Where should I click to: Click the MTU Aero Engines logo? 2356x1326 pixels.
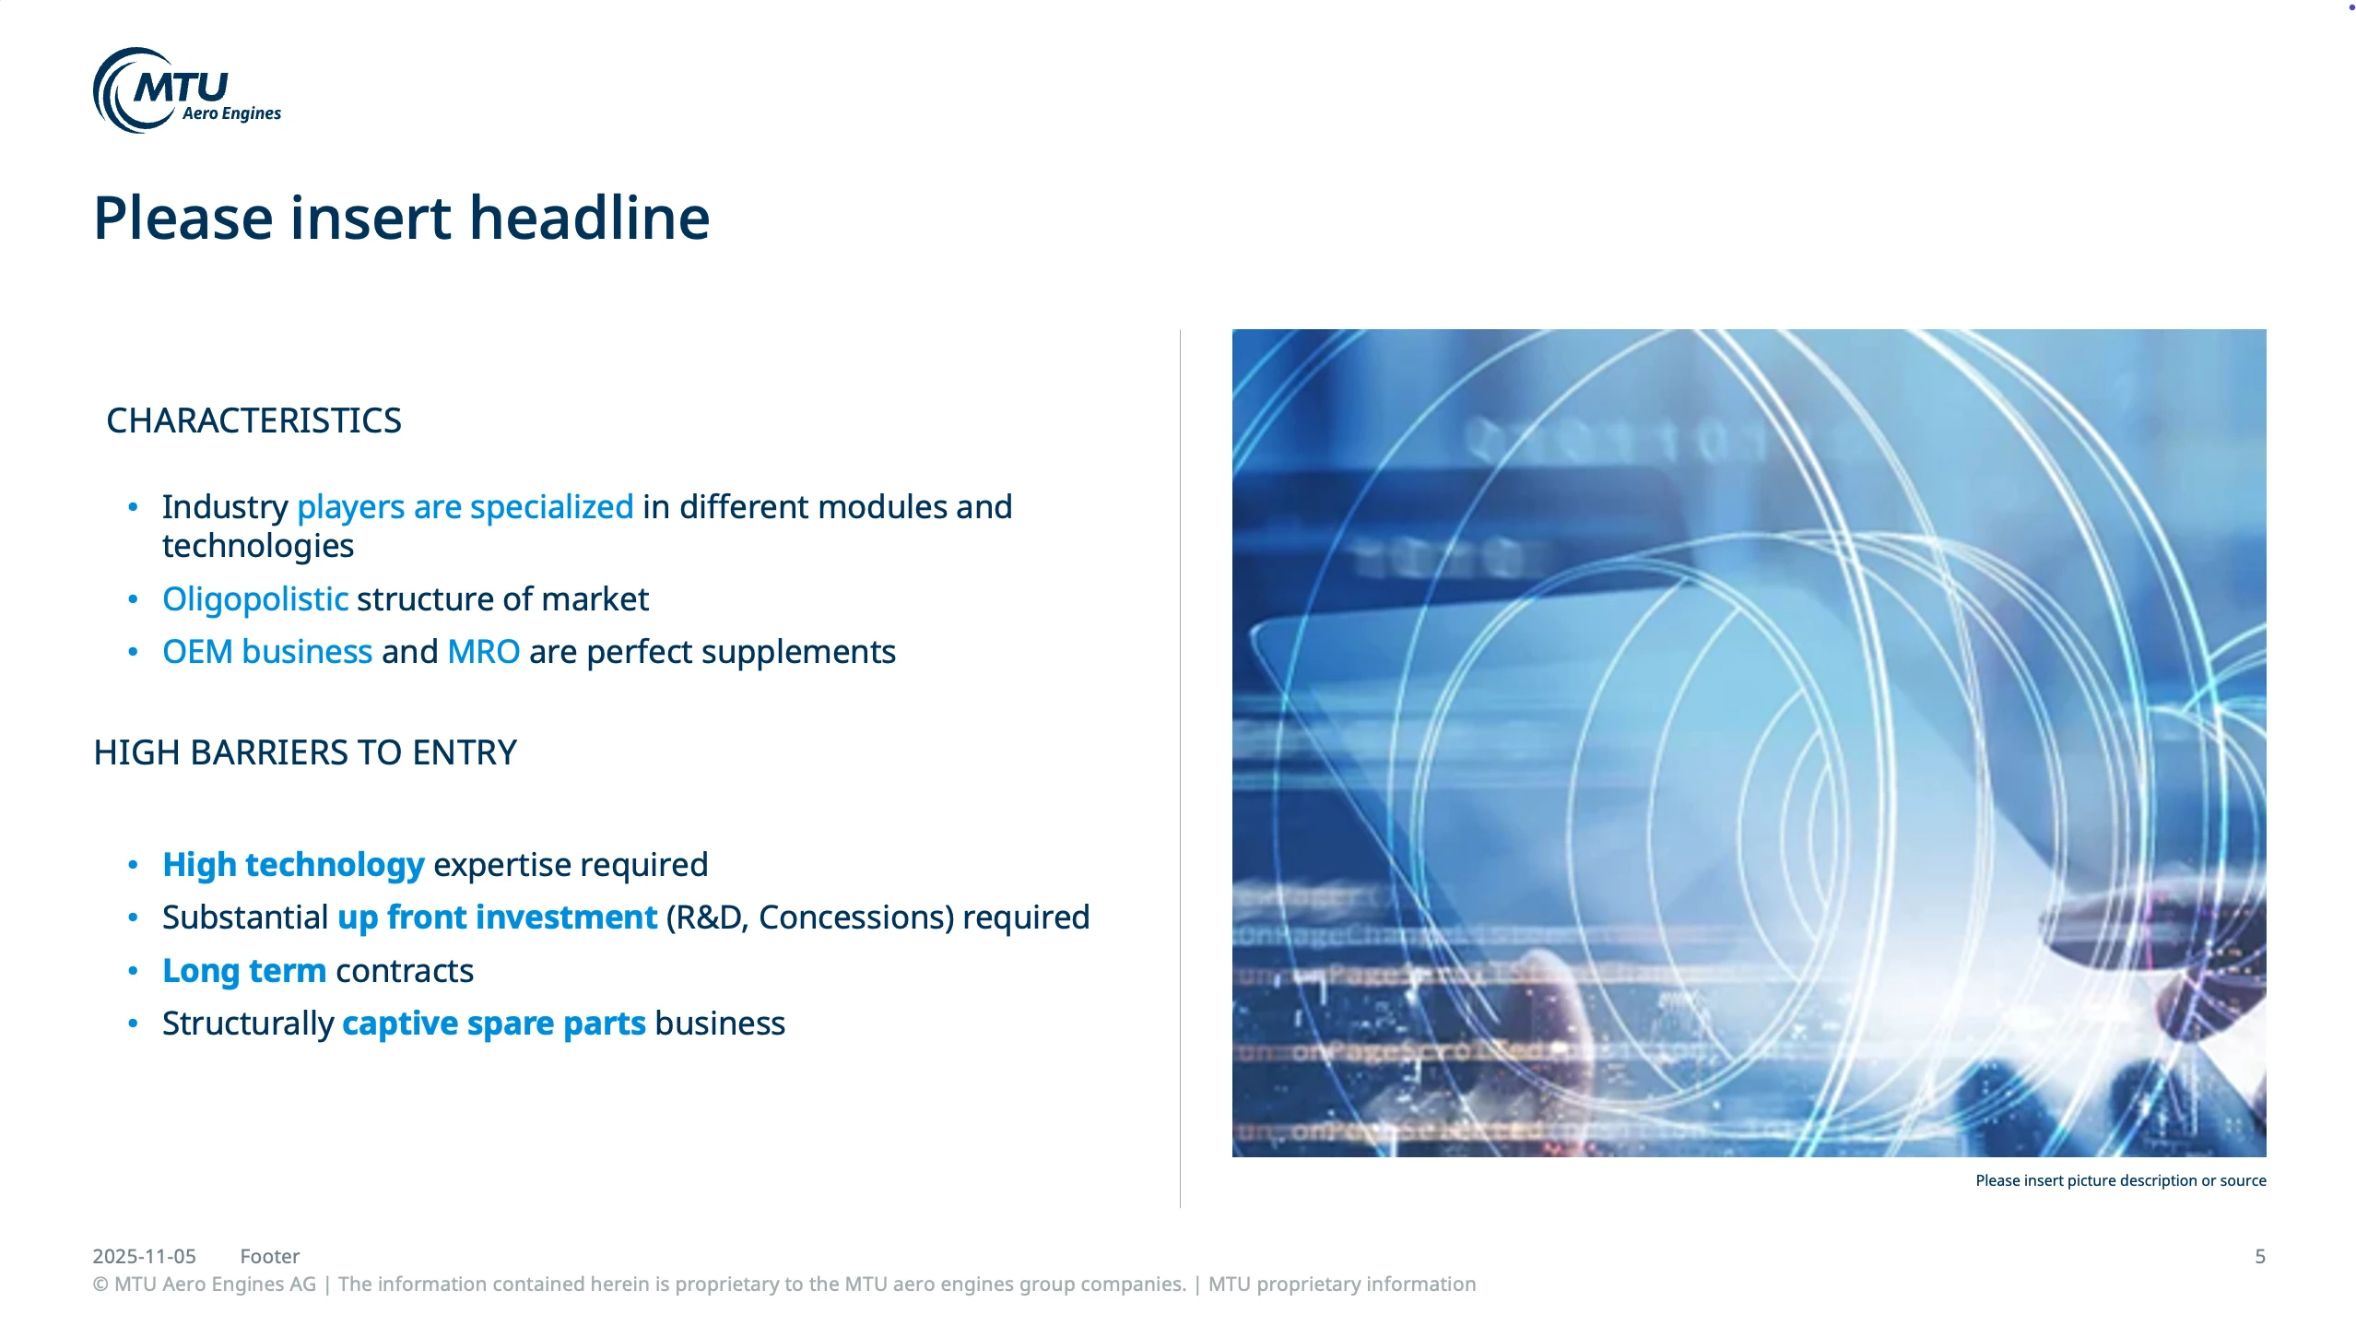point(187,90)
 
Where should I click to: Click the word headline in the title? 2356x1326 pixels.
point(590,219)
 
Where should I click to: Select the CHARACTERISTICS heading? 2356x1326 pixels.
point(253,420)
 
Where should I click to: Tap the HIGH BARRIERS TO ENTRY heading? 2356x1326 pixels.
point(305,752)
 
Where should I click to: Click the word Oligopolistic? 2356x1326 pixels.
point(255,599)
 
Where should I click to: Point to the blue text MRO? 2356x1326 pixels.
point(484,652)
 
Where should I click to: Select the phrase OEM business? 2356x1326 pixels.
point(267,652)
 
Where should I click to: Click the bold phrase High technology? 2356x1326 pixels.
point(293,865)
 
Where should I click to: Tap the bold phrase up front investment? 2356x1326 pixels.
point(498,918)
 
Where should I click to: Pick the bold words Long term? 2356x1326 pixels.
point(244,971)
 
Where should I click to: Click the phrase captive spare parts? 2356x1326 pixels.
point(494,1024)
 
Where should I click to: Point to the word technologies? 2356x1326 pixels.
point(258,546)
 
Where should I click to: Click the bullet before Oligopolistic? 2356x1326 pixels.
point(133,599)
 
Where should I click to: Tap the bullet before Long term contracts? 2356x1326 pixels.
point(133,971)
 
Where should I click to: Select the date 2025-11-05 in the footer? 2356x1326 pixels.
point(144,1256)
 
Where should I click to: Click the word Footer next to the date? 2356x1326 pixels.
point(270,1256)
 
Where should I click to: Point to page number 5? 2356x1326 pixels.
point(2260,1256)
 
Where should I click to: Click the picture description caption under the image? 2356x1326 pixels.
point(2120,1180)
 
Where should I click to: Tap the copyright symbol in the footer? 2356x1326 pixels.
point(100,1285)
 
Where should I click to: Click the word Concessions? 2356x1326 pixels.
point(855,918)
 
